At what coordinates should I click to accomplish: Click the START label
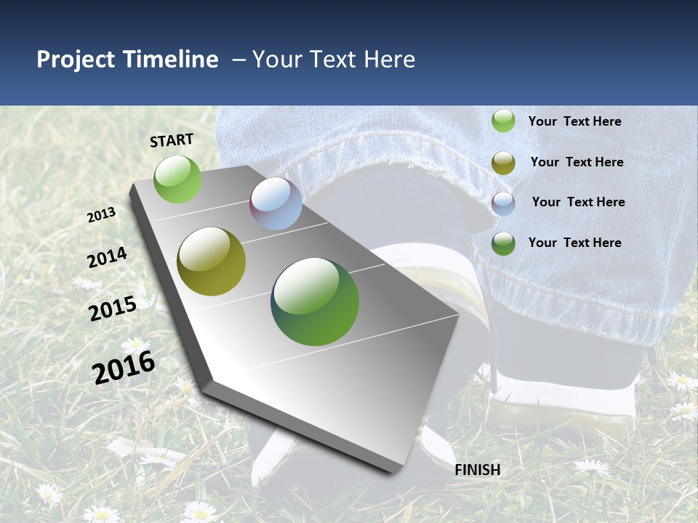click(x=172, y=140)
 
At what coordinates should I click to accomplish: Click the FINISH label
click(x=478, y=470)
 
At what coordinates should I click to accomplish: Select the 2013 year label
click(x=102, y=215)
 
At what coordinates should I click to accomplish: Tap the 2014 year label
click(x=107, y=257)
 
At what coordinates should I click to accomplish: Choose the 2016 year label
click(x=124, y=368)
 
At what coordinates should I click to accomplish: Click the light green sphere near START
click(x=177, y=179)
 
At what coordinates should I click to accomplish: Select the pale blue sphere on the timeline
click(x=276, y=203)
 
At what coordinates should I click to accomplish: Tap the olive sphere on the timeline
click(x=211, y=261)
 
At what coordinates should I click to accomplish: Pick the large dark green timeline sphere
click(x=315, y=301)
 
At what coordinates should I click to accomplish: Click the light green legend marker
click(x=503, y=121)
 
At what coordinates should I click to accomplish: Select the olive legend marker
click(x=503, y=163)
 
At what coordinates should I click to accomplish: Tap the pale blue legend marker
click(x=503, y=203)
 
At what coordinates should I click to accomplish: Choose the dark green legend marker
click(x=503, y=243)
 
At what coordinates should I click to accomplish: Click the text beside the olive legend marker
click(x=577, y=162)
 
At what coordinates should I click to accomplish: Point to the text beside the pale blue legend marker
click(x=579, y=202)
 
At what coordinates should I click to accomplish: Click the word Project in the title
click(x=76, y=60)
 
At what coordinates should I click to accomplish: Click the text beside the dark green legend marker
click(x=575, y=243)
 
